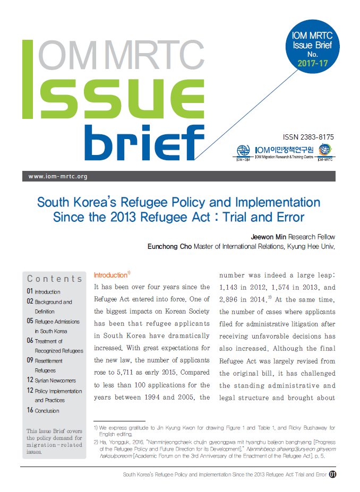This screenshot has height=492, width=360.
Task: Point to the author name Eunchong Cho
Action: pyautogui.click(x=169, y=246)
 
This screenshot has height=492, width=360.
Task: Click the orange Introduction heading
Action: pyautogui.click(x=110, y=275)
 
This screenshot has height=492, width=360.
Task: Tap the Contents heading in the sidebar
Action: pyautogui.click(x=55, y=279)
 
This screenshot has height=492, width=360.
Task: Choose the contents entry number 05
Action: pyautogui.click(x=30, y=322)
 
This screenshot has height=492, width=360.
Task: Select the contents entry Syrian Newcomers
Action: pyautogui.click(x=55, y=381)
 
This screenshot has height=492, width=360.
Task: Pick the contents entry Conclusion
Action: pyautogui.click(x=47, y=410)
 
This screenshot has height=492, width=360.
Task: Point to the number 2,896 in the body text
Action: pyautogui.click(x=232, y=300)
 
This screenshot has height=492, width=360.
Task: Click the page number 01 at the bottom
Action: pyautogui.click(x=332, y=474)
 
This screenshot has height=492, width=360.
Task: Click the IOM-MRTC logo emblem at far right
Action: pyautogui.click(x=324, y=151)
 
